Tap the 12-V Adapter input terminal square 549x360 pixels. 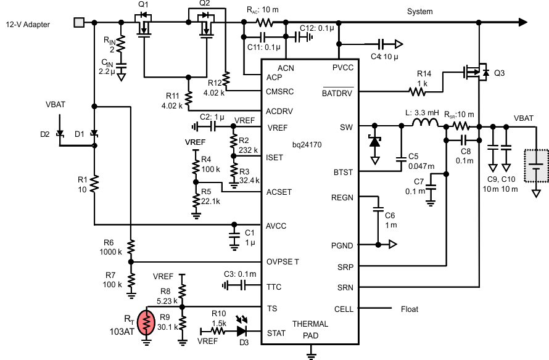(x=78, y=23)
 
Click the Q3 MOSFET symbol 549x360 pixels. (x=477, y=73)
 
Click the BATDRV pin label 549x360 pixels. (x=337, y=93)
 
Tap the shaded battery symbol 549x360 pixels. (x=536, y=165)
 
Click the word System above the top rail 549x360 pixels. (x=419, y=11)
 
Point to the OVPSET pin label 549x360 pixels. (x=283, y=262)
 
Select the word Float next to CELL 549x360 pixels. (x=410, y=309)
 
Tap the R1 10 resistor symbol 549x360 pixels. (x=94, y=183)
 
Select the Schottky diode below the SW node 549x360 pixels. (x=374, y=141)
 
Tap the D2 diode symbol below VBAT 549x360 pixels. (x=60, y=133)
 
